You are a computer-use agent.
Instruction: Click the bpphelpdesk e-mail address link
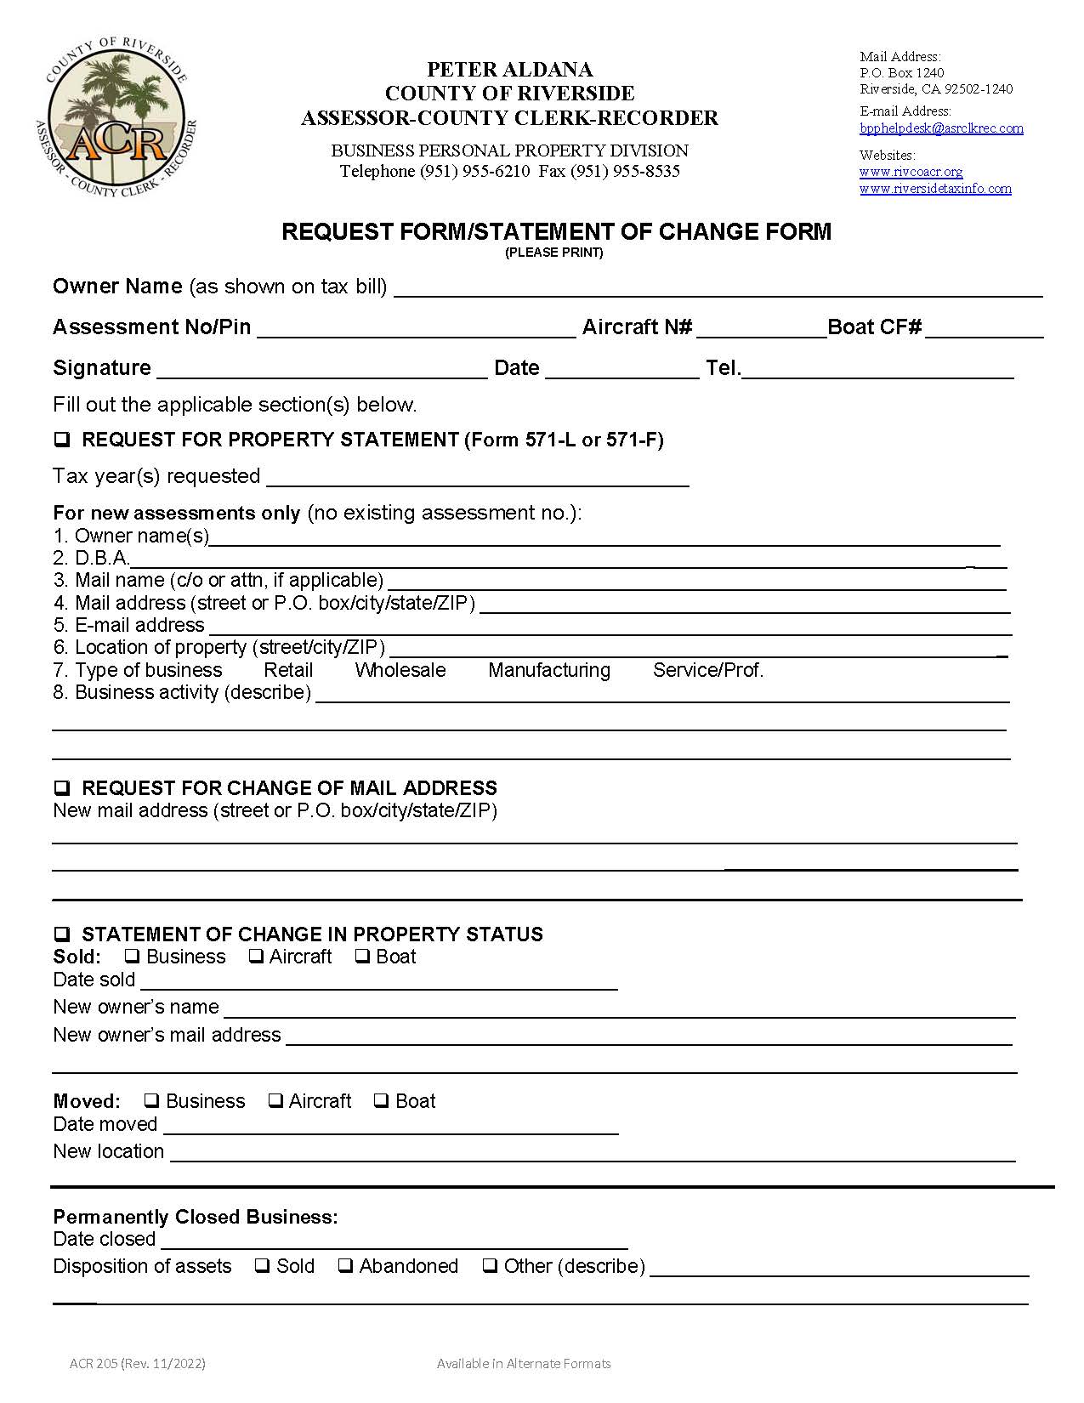[941, 128]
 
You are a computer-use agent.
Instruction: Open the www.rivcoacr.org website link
[911, 172]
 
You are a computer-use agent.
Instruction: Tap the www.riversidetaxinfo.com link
[935, 189]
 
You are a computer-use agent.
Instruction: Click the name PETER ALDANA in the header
[509, 70]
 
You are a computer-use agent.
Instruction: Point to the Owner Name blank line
[718, 289]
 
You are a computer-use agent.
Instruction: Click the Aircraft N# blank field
[761, 330]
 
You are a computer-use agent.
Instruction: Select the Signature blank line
[321, 371]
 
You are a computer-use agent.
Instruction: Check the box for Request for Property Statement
[62, 440]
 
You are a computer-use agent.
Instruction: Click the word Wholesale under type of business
[400, 670]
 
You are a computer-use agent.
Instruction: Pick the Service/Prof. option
[707, 670]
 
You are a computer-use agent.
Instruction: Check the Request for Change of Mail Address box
[62, 789]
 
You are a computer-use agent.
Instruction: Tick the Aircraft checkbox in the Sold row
[255, 957]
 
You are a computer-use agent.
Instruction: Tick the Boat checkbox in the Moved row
[381, 1101]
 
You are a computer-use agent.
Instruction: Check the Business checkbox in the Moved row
[151, 1101]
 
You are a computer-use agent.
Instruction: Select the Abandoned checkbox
[345, 1266]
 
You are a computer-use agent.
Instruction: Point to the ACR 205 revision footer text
[138, 1364]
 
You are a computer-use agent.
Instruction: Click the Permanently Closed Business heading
[196, 1217]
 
